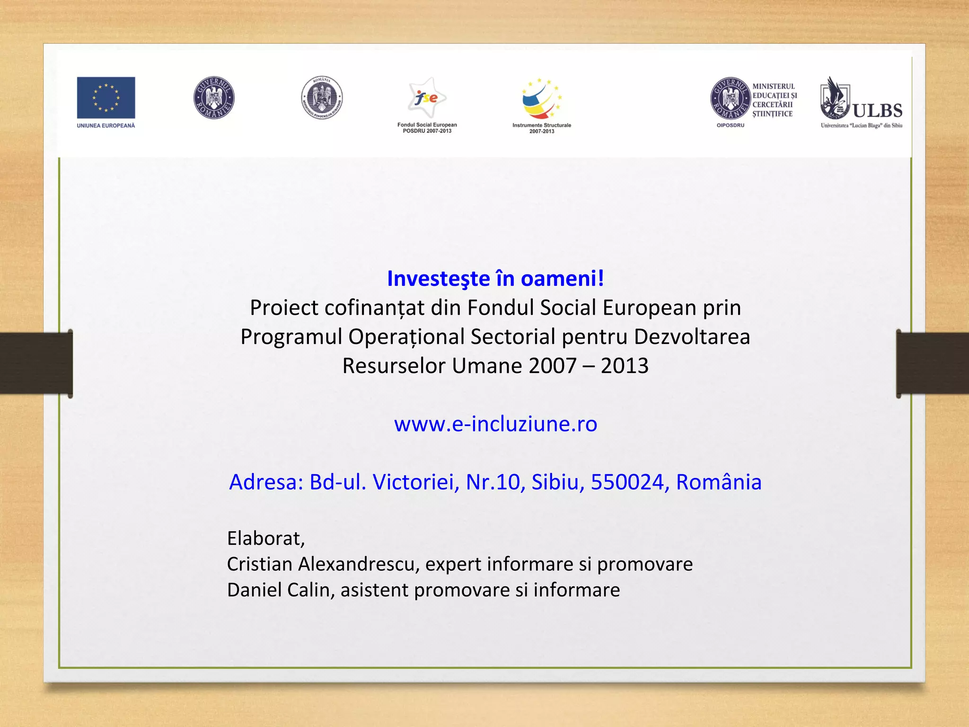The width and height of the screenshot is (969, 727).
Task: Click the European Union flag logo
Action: pyautogui.click(x=106, y=98)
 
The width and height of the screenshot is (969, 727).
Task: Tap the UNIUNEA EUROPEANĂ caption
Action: pyautogui.click(x=106, y=125)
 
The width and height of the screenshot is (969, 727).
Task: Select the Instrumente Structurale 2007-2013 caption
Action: pyautogui.click(x=542, y=128)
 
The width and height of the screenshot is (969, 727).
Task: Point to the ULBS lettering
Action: pyautogui.click(x=877, y=111)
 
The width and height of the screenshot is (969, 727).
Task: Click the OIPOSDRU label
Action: pyautogui.click(x=730, y=125)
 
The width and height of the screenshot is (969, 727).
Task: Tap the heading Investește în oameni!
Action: pyautogui.click(x=495, y=278)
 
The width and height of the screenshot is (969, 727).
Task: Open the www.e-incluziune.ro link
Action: pyautogui.click(x=495, y=424)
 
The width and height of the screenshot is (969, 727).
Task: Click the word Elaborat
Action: pyautogui.click(x=265, y=538)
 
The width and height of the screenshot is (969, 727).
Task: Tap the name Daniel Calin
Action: pyautogui.click(x=279, y=590)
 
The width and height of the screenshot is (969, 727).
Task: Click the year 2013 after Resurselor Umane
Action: pyautogui.click(x=625, y=366)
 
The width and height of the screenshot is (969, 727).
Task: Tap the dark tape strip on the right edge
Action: pyautogui.click(x=933, y=363)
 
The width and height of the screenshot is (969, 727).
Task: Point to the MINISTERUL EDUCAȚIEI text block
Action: pyautogui.click(x=774, y=100)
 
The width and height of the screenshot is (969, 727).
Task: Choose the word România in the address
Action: pyautogui.click(x=718, y=482)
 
